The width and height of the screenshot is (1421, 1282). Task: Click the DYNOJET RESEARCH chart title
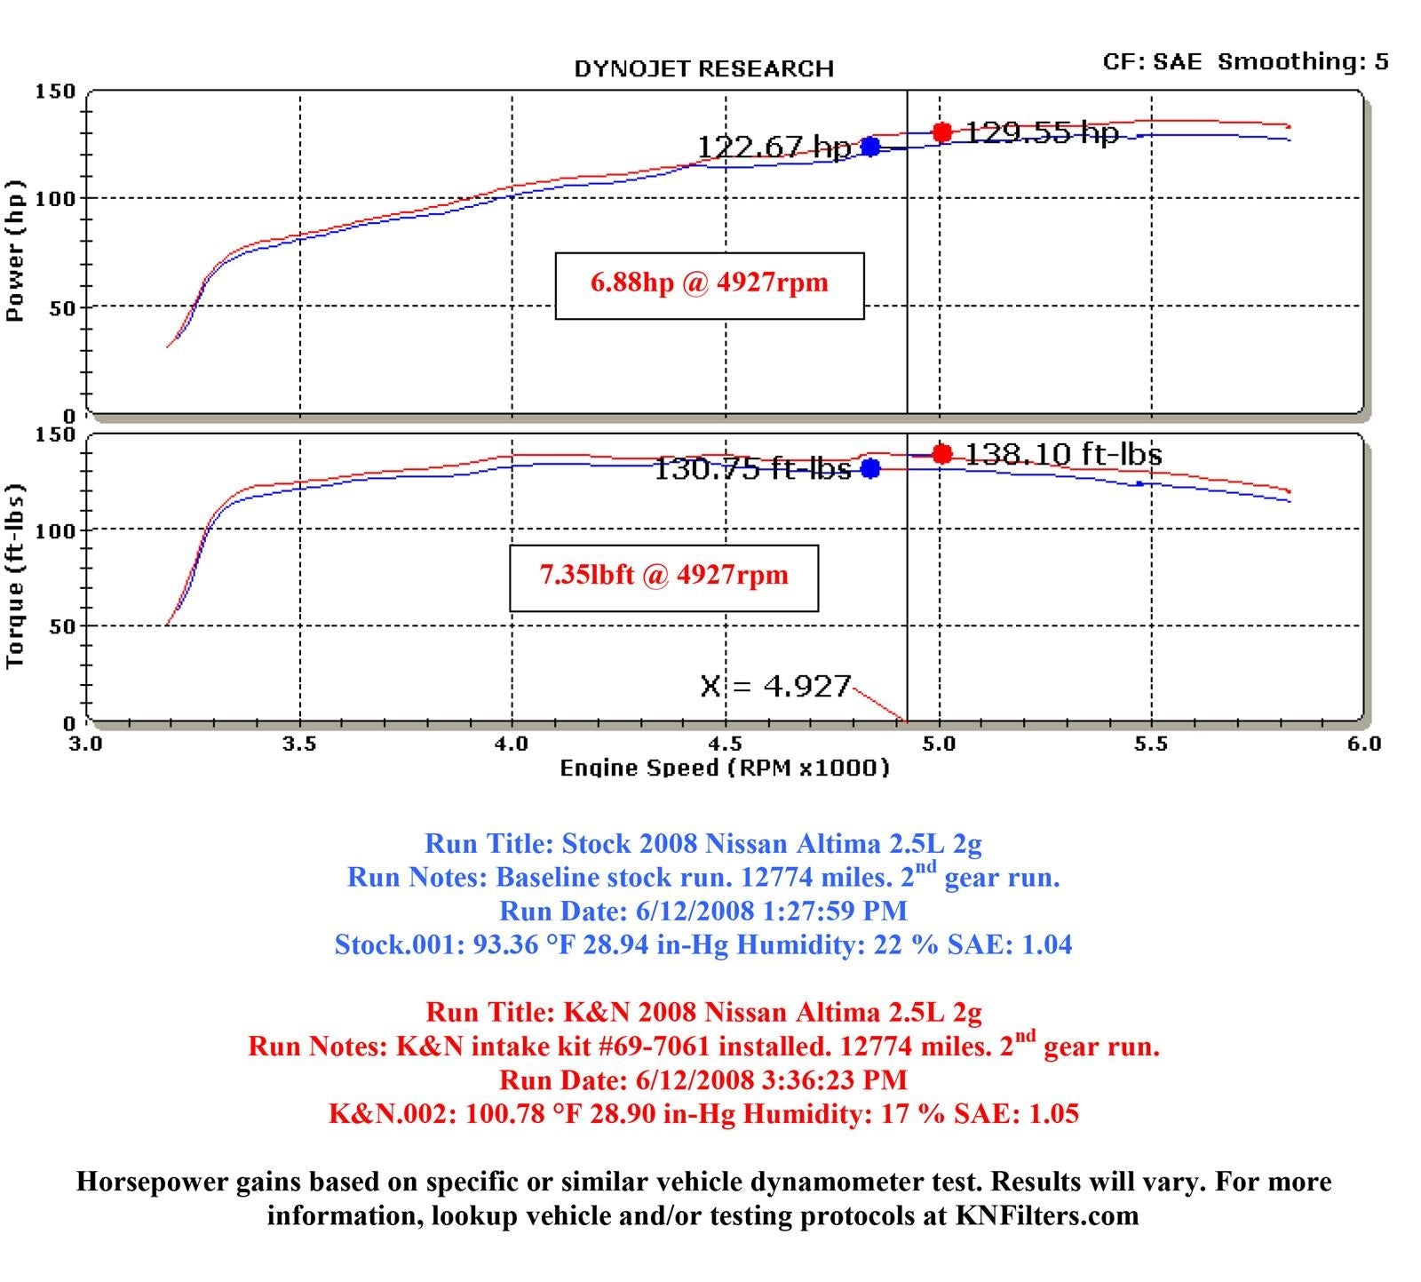point(703,69)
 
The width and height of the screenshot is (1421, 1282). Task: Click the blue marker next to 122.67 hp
point(870,147)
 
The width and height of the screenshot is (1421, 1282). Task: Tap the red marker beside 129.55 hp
point(942,132)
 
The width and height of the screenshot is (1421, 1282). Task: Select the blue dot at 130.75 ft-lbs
point(870,468)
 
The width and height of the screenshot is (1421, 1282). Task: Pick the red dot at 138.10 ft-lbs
point(942,454)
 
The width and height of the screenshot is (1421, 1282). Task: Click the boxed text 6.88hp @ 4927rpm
point(709,283)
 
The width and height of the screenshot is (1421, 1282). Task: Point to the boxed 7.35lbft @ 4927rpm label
point(663,576)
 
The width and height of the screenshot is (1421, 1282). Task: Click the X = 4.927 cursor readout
point(775,686)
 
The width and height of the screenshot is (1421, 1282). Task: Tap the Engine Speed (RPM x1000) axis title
point(724,768)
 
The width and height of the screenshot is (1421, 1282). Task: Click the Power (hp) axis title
point(15,251)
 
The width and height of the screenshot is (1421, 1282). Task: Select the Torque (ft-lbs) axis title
point(15,576)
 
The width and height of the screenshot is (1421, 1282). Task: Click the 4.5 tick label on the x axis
point(726,744)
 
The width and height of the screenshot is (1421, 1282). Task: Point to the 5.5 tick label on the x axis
point(1150,744)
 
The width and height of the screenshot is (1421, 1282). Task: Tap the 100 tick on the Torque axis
point(55,530)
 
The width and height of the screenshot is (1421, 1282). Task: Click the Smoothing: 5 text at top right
point(1302,61)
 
